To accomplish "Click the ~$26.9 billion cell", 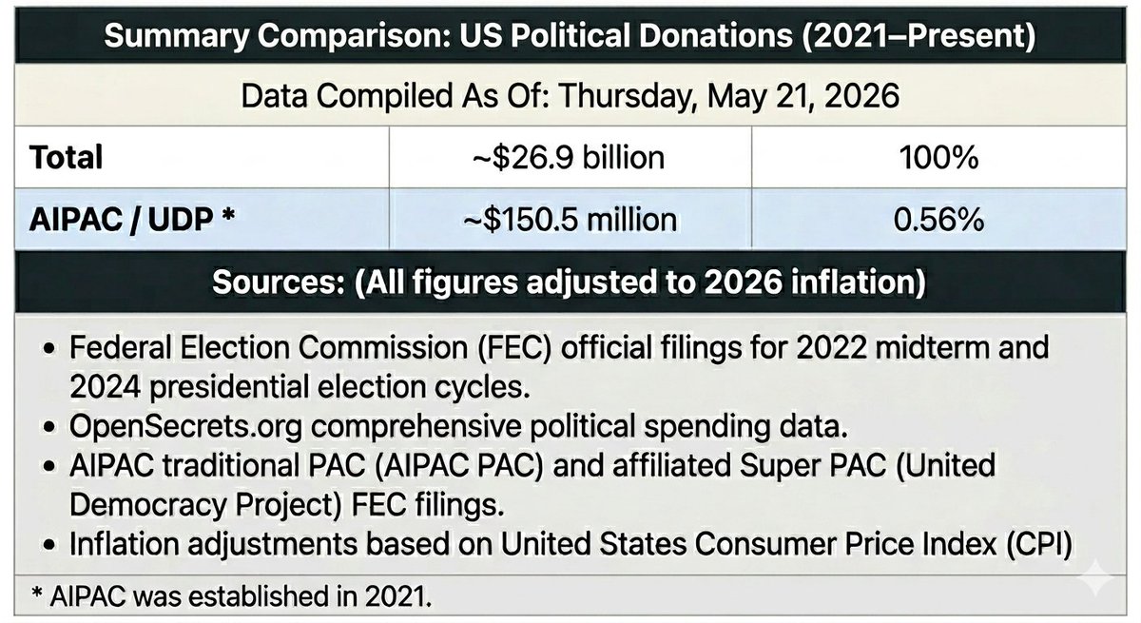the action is point(569,157).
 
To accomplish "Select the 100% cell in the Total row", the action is point(938,157).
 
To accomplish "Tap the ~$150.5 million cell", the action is point(570,220).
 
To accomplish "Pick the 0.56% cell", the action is point(938,220).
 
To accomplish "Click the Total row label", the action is point(67,157).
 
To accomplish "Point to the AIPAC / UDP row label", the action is point(132,220).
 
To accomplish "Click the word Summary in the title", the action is point(176,36).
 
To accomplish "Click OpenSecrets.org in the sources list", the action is point(186,426).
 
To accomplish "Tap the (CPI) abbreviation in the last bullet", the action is point(1039,544).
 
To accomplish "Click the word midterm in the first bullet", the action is point(921,348).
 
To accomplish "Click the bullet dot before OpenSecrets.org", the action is point(48,427).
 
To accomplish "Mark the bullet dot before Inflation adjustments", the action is point(48,545).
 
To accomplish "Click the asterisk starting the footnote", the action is point(36,593).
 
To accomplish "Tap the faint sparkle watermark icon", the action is point(1095,577).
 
